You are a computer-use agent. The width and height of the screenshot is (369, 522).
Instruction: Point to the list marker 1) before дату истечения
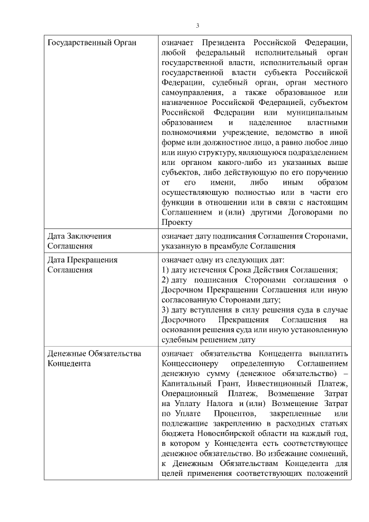pos(165,271)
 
